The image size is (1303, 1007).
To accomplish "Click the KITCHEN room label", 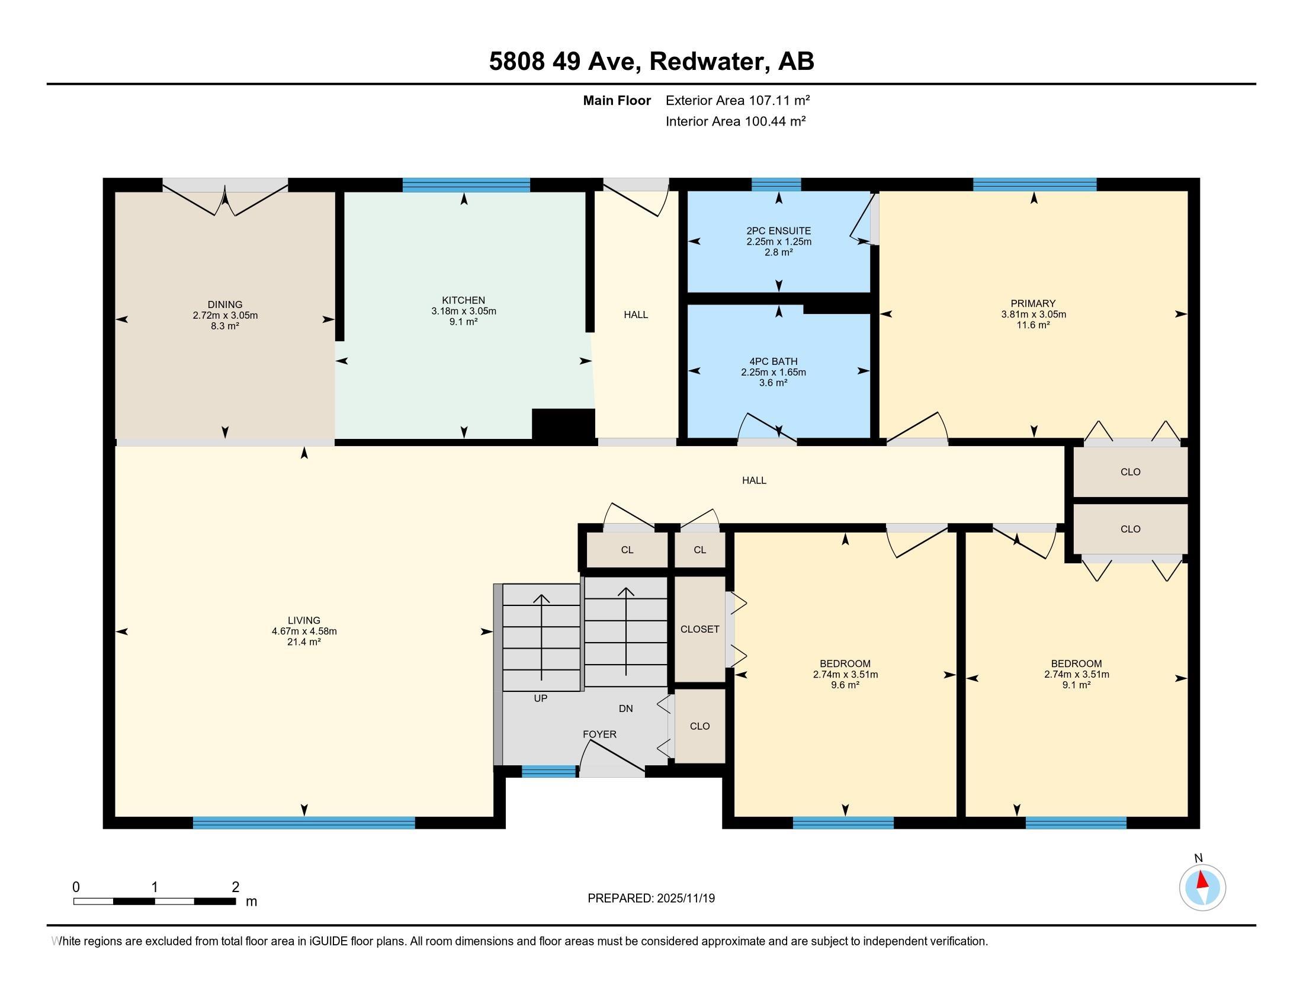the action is pyautogui.click(x=464, y=300).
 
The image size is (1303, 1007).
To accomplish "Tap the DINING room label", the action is pyautogui.click(x=225, y=305).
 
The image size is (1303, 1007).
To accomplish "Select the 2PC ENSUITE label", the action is pyautogui.click(x=779, y=231).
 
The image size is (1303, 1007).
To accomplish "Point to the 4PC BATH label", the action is pyautogui.click(x=773, y=361).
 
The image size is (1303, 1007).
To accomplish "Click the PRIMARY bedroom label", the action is pyautogui.click(x=1034, y=304).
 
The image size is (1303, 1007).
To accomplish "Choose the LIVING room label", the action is pyautogui.click(x=304, y=620).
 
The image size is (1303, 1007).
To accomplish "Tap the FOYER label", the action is pyautogui.click(x=599, y=735).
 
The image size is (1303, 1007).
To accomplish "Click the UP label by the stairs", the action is pyautogui.click(x=541, y=698).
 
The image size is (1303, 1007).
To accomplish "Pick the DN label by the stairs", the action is pyautogui.click(x=626, y=708).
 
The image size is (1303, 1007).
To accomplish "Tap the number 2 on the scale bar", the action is pyautogui.click(x=236, y=887).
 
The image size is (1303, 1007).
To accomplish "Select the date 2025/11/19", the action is pyautogui.click(x=685, y=899).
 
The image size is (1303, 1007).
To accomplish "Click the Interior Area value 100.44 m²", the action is pyautogui.click(x=775, y=121).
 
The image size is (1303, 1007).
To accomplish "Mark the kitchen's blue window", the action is pyautogui.click(x=466, y=185).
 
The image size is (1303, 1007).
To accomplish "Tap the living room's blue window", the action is pyautogui.click(x=304, y=823).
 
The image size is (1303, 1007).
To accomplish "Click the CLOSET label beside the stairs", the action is pyautogui.click(x=700, y=629).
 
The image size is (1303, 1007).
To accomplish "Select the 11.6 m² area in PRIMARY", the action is pyautogui.click(x=1034, y=325).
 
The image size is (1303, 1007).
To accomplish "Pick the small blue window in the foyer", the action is pyautogui.click(x=550, y=771).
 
